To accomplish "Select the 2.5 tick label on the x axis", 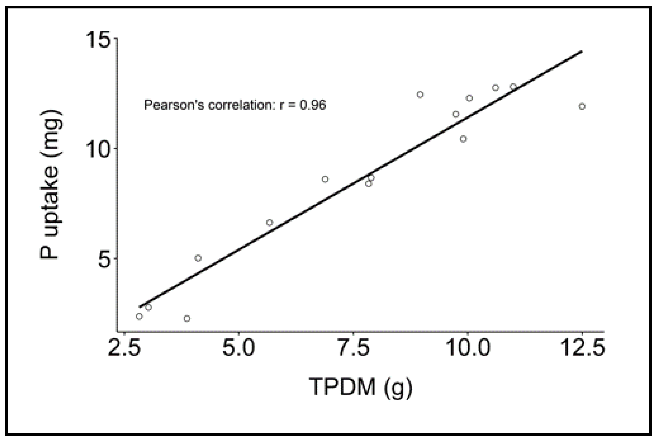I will (x=125, y=347).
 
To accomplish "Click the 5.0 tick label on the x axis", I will (x=239, y=347).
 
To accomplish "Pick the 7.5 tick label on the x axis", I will (x=354, y=347).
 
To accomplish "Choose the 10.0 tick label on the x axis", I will (x=469, y=347).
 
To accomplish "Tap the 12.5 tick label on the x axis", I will (x=583, y=347).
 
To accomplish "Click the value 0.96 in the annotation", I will (x=313, y=105).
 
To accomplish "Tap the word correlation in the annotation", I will (x=240, y=105).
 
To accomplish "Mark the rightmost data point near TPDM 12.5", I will (x=582, y=107).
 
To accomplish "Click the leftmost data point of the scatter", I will (x=139, y=316).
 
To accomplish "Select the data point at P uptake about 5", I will (x=198, y=258).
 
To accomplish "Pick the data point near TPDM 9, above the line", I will (x=420, y=94).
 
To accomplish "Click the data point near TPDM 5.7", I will (x=269, y=223).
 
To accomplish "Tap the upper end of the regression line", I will (x=581, y=51).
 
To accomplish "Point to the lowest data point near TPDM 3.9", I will (x=187, y=319).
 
